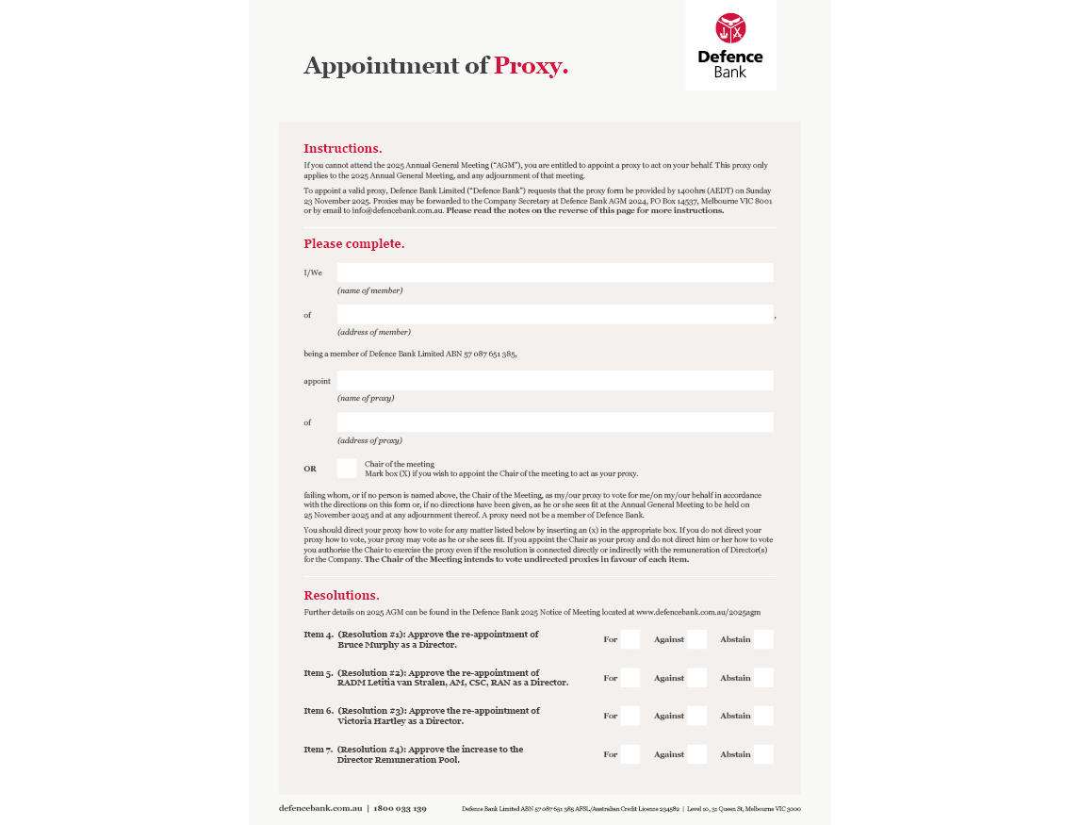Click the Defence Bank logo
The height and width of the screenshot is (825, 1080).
(x=730, y=44)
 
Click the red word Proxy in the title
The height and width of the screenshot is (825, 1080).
(x=531, y=66)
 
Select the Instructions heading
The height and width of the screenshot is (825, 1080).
(x=342, y=148)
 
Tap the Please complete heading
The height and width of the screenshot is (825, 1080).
(x=353, y=243)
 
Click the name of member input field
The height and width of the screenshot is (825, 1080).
(x=555, y=272)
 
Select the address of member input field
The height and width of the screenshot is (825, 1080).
(x=555, y=314)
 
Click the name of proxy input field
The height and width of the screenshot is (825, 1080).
(x=555, y=380)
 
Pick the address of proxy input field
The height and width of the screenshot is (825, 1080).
(x=555, y=421)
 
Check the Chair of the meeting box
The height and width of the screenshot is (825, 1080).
(x=347, y=469)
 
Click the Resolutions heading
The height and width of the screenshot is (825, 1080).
(x=341, y=595)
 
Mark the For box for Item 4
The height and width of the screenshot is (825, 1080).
(x=630, y=639)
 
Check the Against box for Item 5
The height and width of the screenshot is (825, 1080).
(x=696, y=678)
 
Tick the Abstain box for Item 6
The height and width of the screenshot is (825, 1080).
(x=763, y=716)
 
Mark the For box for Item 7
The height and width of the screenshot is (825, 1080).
(x=630, y=754)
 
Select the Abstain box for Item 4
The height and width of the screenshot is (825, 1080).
(x=763, y=639)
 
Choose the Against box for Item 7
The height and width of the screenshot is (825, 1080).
(x=696, y=754)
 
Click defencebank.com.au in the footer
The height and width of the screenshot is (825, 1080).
(x=320, y=808)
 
